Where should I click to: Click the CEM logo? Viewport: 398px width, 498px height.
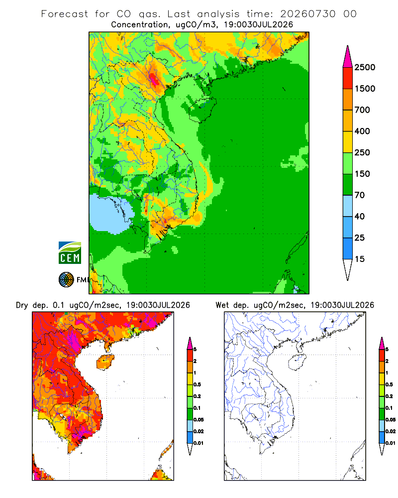pos(70,253)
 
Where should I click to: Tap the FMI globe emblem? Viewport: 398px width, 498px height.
pos(66,280)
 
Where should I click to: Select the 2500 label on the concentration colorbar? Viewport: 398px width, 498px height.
pos(365,67)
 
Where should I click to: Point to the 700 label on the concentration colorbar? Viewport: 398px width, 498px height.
pos(362,110)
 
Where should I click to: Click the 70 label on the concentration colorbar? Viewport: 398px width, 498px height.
pos(360,195)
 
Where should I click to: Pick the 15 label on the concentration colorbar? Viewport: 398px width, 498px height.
pos(360,259)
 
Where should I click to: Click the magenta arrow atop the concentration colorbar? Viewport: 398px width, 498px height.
pos(348,57)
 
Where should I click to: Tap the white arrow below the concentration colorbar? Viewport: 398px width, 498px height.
pos(348,269)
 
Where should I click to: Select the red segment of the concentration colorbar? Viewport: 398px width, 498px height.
pos(348,78)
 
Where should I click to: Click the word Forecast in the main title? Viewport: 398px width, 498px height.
pos(65,14)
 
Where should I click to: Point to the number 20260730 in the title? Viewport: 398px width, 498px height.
pos(307,14)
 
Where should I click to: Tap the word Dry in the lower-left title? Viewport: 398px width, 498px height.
pos(22,305)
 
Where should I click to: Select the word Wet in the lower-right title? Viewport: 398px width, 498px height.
pos(222,305)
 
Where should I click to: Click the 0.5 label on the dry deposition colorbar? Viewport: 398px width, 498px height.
pos(197,384)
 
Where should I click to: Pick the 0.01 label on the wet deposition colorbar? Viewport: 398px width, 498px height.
pos(391,443)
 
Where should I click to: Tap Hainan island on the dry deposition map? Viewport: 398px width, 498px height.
pos(105,362)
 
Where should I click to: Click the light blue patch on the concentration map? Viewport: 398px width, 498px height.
pos(111,214)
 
